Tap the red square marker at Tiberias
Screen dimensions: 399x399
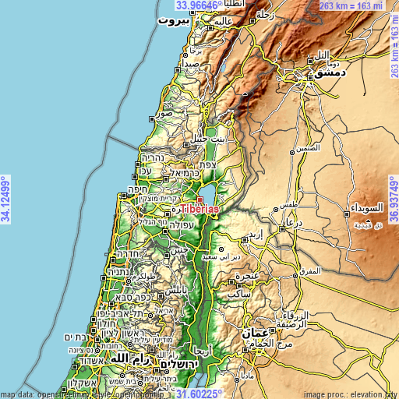coord(199,200)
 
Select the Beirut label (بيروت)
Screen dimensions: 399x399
coord(173,21)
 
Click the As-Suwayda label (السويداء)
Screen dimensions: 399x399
coord(363,208)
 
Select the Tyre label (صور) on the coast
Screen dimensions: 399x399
coord(164,114)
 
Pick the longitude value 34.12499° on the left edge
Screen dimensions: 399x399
coord(5,198)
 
